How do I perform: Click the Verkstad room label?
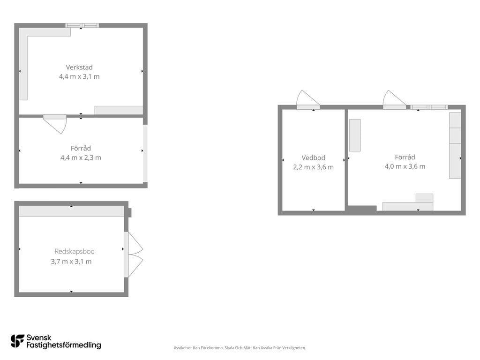(79, 67)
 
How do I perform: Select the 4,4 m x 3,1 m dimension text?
(79, 76)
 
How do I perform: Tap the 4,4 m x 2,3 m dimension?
(81, 157)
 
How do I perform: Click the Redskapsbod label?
(75, 251)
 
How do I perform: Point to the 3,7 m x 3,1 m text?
(71, 262)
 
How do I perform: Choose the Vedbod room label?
(313, 158)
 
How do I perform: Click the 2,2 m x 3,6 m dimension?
(313, 167)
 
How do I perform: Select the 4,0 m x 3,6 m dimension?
(405, 166)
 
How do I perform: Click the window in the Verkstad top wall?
(82, 25)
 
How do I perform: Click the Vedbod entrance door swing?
(307, 98)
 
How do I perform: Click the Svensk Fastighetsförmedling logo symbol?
(17, 341)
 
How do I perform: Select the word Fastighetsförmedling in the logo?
(64, 345)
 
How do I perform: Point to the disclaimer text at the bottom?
(240, 348)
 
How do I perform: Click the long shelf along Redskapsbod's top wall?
(71, 211)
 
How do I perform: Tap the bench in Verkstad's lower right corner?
(119, 110)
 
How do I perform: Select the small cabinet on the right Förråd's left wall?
(355, 135)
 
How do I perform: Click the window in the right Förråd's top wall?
(429, 107)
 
